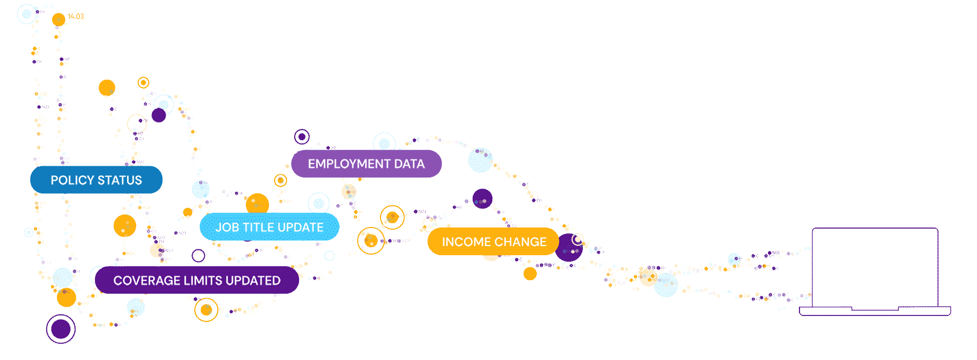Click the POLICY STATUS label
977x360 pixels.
pyautogui.click(x=96, y=180)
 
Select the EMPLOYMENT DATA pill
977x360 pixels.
pyautogui.click(x=366, y=164)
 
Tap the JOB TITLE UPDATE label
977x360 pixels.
pyautogui.click(x=269, y=227)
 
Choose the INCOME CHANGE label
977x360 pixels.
pyautogui.click(x=493, y=242)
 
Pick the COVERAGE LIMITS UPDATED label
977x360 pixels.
pyautogui.click(x=196, y=280)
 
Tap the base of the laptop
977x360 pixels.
pyautogui.click(x=875, y=311)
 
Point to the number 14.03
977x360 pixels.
pyautogui.click(x=76, y=16)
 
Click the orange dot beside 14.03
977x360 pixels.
pyautogui.click(x=59, y=20)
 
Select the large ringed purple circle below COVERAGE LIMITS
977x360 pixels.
pyautogui.click(x=61, y=329)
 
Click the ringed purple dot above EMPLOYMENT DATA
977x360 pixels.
pyautogui.click(x=302, y=137)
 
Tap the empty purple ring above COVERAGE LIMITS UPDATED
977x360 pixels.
pyautogui.click(x=199, y=256)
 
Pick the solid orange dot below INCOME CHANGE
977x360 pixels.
pyautogui.click(x=530, y=274)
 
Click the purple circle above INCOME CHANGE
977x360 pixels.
pyautogui.click(x=482, y=199)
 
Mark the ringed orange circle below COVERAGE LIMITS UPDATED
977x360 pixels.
pyautogui.click(x=206, y=310)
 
